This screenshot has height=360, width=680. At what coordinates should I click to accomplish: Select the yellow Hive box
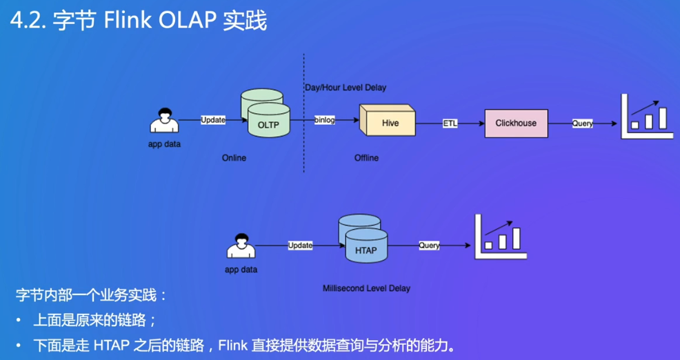(x=388, y=120)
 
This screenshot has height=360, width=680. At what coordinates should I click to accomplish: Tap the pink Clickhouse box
(x=516, y=123)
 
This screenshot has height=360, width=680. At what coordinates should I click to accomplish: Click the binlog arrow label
(x=325, y=120)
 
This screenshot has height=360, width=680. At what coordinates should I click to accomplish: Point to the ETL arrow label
(x=450, y=123)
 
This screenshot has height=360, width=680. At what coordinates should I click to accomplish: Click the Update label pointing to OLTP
(x=213, y=120)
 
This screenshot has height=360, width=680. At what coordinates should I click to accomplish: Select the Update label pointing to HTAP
(x=300, y=246)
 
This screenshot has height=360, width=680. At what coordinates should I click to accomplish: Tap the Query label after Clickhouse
(x=583, y=123)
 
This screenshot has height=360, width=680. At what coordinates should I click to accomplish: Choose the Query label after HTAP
(x=430, y=246)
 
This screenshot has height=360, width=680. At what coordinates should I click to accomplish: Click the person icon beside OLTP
(x=164, y=120)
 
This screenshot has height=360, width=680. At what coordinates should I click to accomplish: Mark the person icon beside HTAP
(x=241, y=246)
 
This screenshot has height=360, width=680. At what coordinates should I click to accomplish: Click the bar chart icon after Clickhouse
(x=647, y=117)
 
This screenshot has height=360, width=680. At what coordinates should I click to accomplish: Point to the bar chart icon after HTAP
(x=501, y=237)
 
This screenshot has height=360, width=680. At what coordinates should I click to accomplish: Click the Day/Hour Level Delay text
(x=346, y=88)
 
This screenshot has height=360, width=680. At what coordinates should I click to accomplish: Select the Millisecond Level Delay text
(x=366, y=288)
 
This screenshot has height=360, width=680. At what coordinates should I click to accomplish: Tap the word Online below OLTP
(x=234, y=158)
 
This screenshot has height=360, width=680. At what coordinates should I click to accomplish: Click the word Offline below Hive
(x=366, y=158)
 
